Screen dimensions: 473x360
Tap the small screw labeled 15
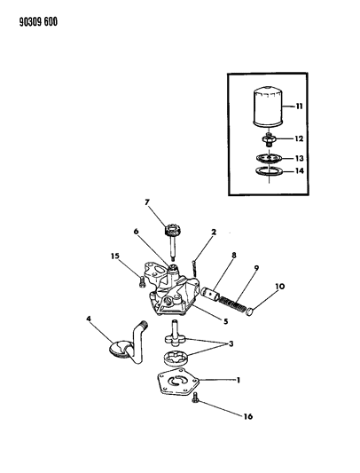click(x=142, y=284)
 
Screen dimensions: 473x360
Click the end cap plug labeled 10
click(x=251, y=310)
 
